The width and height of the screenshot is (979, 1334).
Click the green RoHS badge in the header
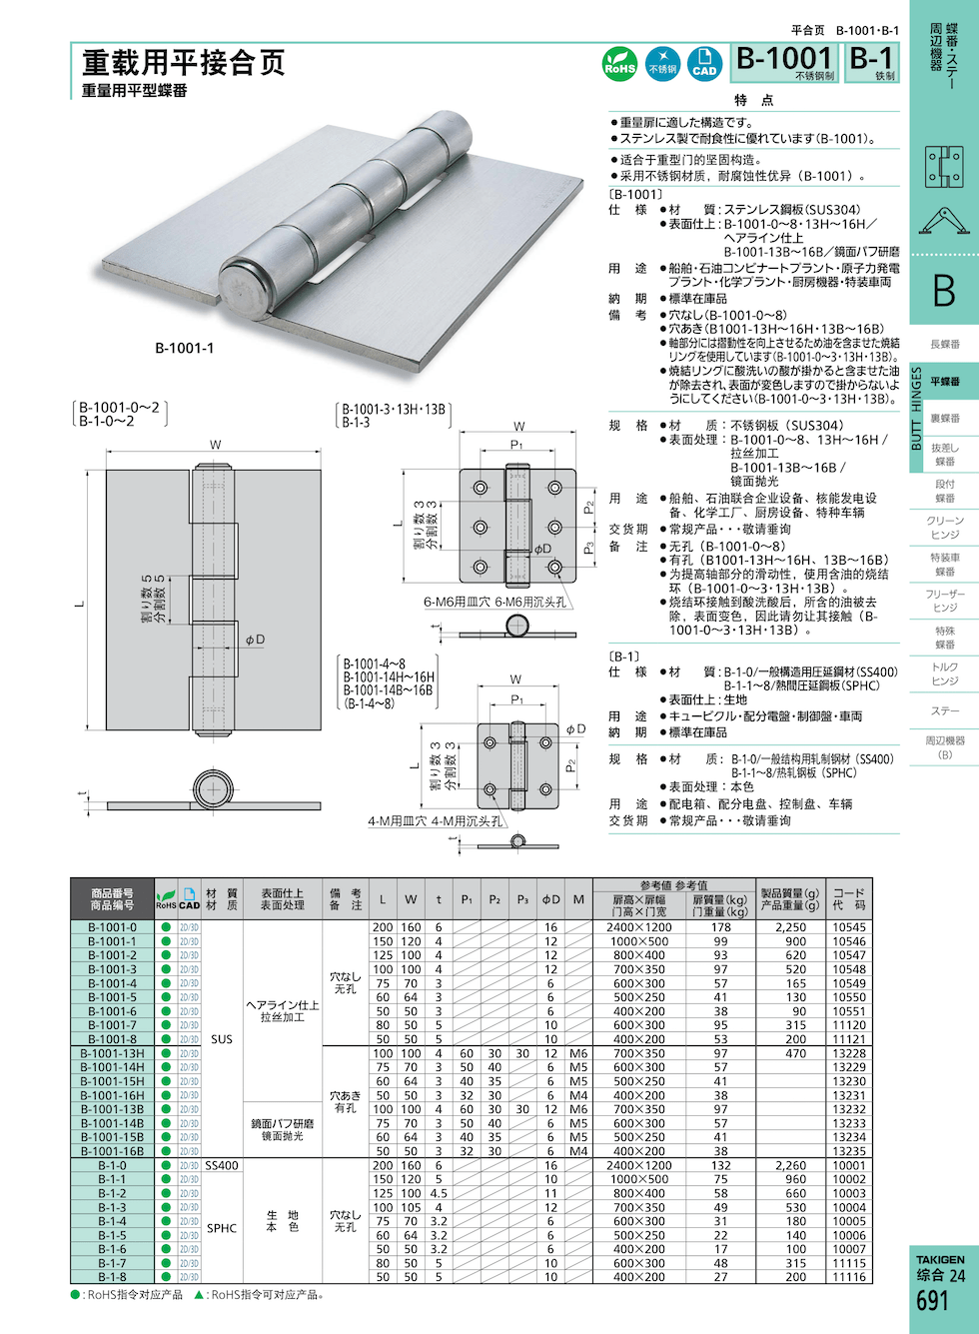[619, 64]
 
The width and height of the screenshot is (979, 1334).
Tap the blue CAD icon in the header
[704, 64]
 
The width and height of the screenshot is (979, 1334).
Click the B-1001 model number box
[785, 62]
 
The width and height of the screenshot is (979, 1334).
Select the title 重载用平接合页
[184, 62]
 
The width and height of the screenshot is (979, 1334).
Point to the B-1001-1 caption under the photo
[184, 348]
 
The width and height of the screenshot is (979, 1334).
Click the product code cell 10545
[849, 927]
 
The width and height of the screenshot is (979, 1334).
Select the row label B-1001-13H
[112, 1053]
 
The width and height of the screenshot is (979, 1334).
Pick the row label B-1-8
[112, 1277]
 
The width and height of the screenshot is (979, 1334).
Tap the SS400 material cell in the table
[222, 1165]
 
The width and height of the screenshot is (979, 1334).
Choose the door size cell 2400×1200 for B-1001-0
[639, 927]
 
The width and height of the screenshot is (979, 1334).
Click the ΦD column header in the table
[550, 899]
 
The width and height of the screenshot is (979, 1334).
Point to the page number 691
[932, 1300]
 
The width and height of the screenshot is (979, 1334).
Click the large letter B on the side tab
[944, 291]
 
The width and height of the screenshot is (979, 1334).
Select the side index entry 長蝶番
[945, 345]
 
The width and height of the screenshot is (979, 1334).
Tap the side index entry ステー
[945, 711]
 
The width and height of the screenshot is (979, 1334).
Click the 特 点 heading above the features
[754, 100]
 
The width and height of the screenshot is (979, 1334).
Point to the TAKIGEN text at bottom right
[941, 1259]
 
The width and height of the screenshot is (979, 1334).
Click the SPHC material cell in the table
[222, 1228]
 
